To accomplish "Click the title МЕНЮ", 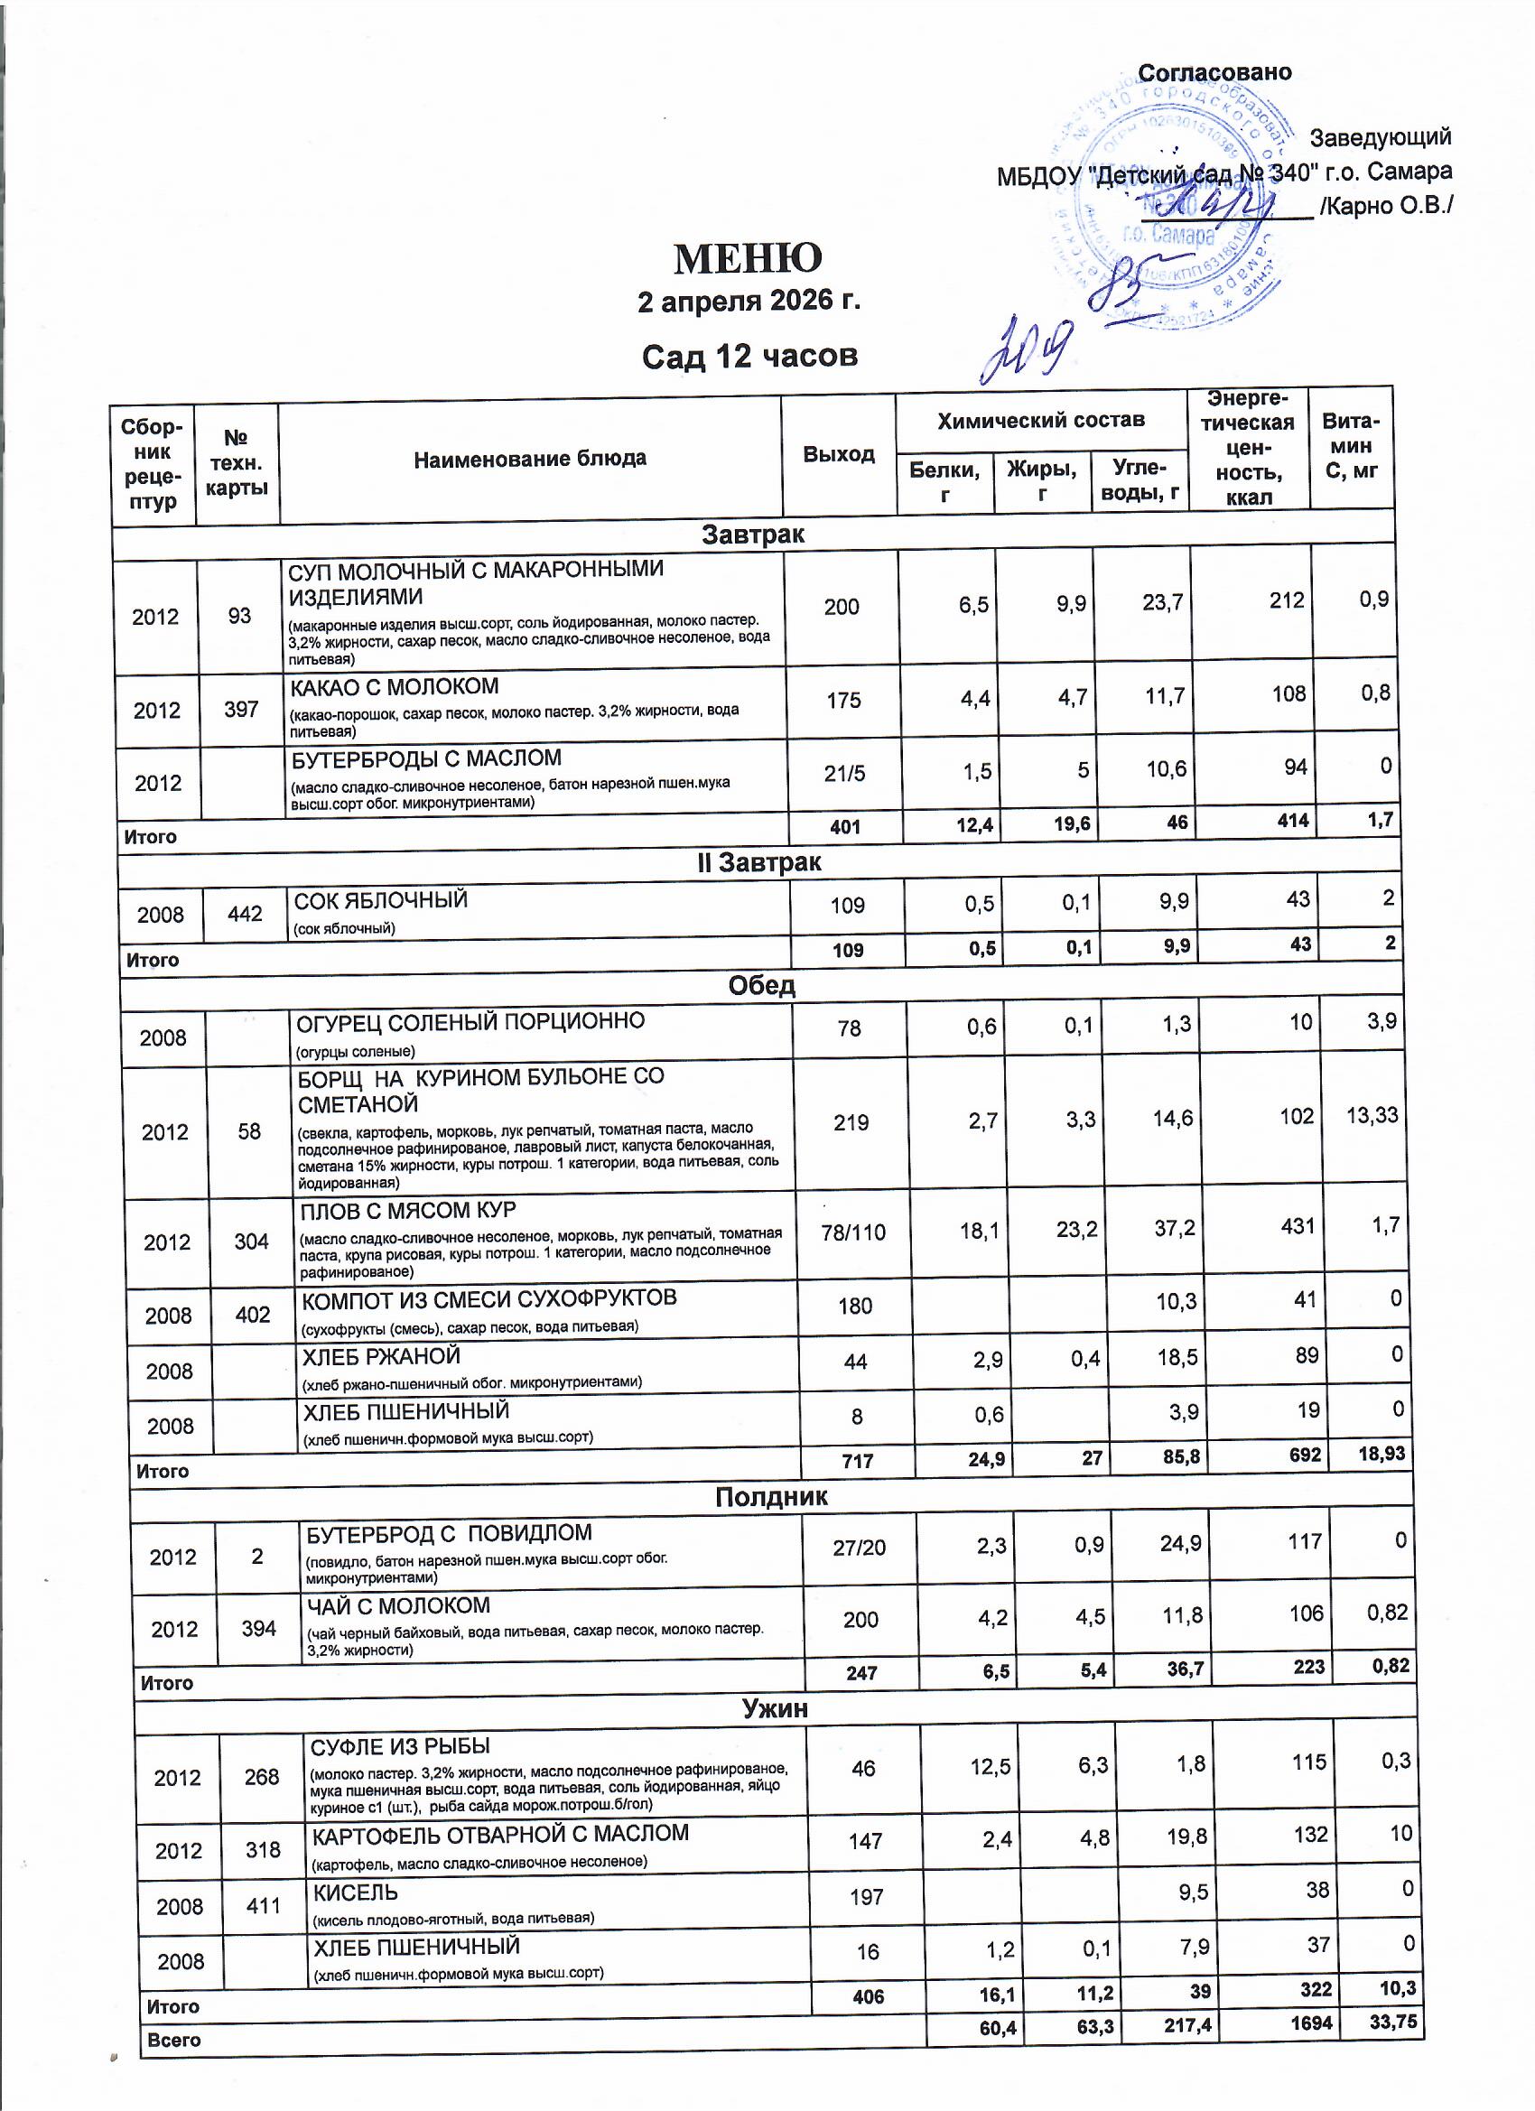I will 748,259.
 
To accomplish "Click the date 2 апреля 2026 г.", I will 749,302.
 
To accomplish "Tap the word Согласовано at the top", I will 1214,72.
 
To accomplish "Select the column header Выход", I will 839,454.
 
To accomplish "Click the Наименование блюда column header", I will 530,458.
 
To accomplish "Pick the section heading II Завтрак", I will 758,862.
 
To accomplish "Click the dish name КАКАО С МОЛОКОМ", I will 395,687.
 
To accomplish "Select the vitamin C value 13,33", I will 1372,1115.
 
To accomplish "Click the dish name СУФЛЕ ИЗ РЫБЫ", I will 400,1746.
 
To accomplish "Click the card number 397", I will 241,710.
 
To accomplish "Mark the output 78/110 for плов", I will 853,1232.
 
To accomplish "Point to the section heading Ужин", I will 775,1708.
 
